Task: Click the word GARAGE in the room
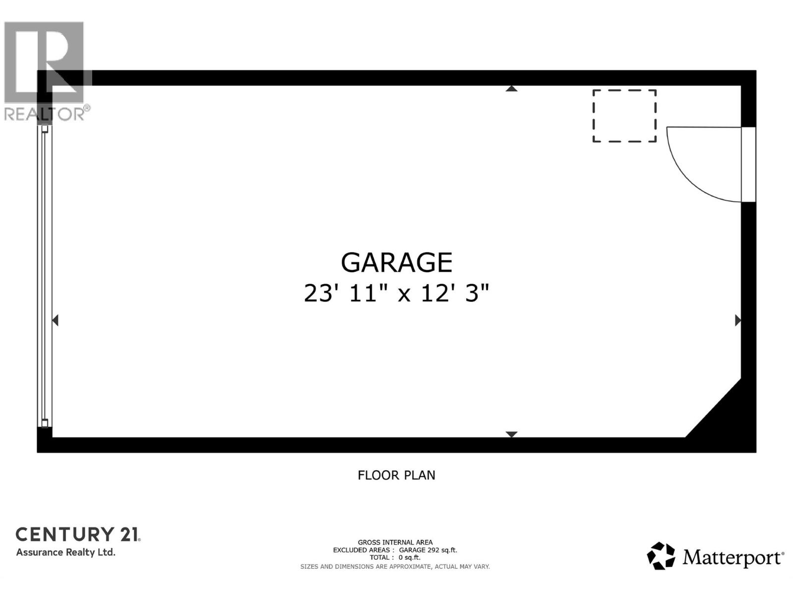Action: [x=396, y=262]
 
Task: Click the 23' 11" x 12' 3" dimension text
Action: [x=396, y=293]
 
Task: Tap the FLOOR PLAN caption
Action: [x=396, y=475]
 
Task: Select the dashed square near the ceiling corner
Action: [x=624, y=116]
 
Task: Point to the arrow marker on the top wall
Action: [x=511, y=89]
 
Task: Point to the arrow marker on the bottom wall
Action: [x=511, y=434]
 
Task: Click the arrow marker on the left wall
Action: [x=56, y=320]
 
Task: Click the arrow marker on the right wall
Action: [x=737, y=320]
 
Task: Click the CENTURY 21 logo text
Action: [x=78, y=534]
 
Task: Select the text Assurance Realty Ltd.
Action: [x=66, y=552]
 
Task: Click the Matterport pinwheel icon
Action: [x=661, y=556]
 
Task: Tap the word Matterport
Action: [x=733, y=557]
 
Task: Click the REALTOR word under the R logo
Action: [x=45, y=114]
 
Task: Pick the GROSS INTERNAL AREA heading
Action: [x=395, y=542]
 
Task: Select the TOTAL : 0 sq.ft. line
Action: [x=395, y=557]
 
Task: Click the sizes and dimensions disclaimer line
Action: [x=395, y=566]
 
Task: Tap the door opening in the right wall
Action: [x=748, y=165]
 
